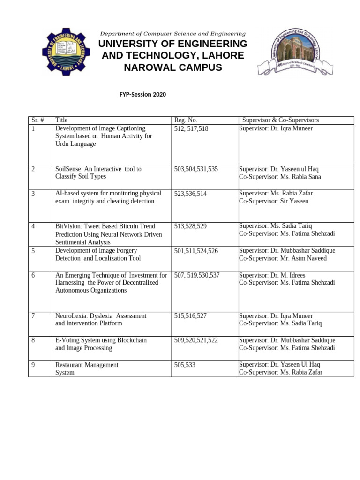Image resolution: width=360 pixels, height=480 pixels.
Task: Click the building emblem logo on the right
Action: coord(295,52)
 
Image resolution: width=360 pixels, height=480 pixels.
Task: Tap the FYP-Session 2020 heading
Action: coord(143,94)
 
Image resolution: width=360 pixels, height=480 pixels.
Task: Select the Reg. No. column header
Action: coord(186,120)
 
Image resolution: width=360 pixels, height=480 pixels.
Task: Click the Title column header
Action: coord(61,120)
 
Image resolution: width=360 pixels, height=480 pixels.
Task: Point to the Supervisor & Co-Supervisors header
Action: coord(280,120)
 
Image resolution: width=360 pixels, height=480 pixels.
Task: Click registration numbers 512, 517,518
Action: coord(191,128)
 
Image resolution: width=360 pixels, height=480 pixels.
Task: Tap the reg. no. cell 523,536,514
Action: coord(190,193)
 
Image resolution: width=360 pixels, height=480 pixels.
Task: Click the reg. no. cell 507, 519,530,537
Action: coord(196,275)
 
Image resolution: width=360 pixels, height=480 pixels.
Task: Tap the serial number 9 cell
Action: coord(33,365)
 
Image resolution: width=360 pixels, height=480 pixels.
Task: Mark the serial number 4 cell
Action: coord(33,226)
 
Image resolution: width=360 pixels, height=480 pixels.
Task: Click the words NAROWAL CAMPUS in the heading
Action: coord(172,67)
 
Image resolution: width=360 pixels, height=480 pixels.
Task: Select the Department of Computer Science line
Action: coord(172,34)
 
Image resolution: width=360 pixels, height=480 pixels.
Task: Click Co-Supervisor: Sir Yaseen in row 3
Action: coord(273,201)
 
